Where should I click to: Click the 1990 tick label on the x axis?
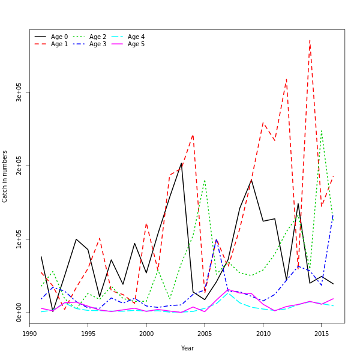(x=30, y=334)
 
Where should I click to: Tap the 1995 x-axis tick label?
(x=88, y=334)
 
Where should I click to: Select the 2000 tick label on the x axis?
(x=146, y=334)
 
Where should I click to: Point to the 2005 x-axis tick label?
(x=205, y=334)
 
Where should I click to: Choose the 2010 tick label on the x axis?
(x=263, y=334)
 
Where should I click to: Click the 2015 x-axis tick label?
(x=321, y=334)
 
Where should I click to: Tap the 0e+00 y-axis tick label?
(x=19, y=313)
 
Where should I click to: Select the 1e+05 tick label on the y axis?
(x=19, y=239)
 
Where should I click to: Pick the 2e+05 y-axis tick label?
(x=19, y=166)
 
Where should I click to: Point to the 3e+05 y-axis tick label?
(x=19, y=92)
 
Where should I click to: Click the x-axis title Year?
(x=187, y=348)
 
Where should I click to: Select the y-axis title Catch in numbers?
(x=5, y=176)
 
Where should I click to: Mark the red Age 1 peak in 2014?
(x=310, y=40)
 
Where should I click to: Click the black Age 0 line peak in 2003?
(x=181, y=163)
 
